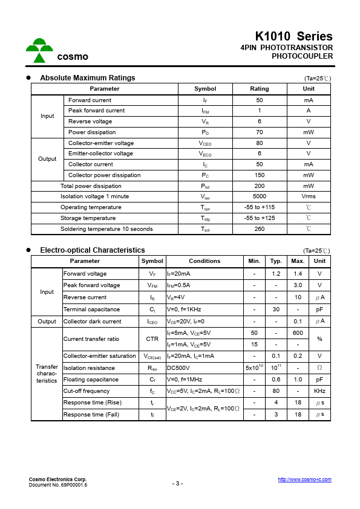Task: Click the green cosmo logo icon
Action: (39, 51)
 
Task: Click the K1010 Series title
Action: (293, 36)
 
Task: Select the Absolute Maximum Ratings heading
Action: (87, 78)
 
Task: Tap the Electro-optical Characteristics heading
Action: (92, 250)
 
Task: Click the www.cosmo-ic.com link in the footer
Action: (304, 479)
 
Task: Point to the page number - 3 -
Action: (177, 483)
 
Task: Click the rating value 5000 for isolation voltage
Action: (259, 196)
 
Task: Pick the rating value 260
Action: (259, 229)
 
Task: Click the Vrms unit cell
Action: (308, 196)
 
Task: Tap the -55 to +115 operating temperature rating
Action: (259, 207)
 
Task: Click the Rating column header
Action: (259, 89)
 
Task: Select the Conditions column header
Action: (205, 261)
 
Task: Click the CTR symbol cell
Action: (152, 339)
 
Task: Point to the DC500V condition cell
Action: (178, 368)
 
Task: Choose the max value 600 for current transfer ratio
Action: (297, 333)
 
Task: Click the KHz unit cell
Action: (319, 391)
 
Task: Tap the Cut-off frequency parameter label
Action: (87, 391)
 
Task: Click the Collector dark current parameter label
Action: (92, 322)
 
